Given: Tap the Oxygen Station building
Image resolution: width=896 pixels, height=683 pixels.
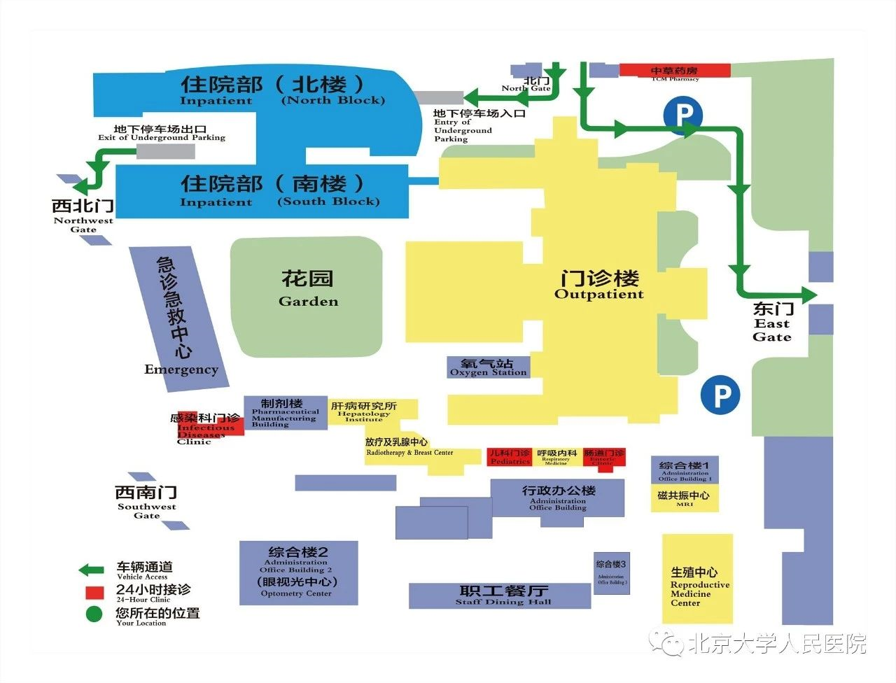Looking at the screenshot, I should [x=489, y=367].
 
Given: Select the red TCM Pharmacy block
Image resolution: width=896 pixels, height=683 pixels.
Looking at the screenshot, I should [x=675, y=70].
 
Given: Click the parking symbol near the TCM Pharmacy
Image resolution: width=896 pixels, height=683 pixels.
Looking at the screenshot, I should [x=683, y=114].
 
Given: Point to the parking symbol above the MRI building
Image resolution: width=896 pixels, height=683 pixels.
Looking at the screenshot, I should [x=720, y=395].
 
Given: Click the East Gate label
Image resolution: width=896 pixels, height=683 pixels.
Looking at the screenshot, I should [x=772, y=322].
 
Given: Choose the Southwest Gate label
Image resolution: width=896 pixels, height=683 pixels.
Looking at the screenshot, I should [x=146, y=501].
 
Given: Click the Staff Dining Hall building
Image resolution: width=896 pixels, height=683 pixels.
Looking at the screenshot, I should [x=500, y=596].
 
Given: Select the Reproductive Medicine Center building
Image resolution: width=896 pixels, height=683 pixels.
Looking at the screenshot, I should [x=697, y=579].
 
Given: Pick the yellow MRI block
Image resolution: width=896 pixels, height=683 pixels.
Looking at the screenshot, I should [x=685, y=498].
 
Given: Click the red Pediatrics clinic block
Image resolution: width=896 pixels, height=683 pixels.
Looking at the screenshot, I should [x=510, y=457].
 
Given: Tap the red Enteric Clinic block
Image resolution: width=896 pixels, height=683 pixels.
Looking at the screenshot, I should [x=604, y=457].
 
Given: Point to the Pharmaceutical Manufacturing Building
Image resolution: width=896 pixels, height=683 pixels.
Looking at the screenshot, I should [x=285, y=413].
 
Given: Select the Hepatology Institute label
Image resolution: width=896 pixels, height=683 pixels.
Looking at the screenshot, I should [x=364, y=410].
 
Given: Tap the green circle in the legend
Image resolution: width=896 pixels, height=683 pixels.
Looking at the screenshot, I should [x=94, y=614].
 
